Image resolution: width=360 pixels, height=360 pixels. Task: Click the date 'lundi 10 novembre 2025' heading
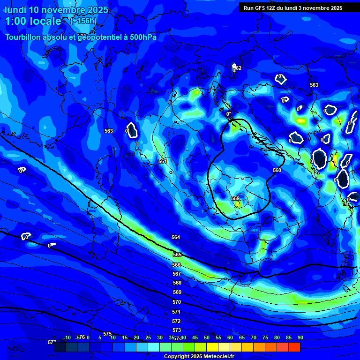click(x=56, y=10)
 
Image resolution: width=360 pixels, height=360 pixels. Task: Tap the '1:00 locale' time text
click(x=33, y=21)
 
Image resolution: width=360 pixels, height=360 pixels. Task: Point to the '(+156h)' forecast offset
click(x=83, y=21)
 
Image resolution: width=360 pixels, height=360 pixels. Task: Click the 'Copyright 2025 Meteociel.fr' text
click(x=199, y=356)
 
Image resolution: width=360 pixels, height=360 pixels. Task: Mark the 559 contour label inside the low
click(x=235, y=198)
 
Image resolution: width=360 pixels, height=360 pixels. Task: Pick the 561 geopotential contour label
click(x=162, y=161)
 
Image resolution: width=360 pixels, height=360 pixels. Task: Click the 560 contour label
click(x=277, y=170)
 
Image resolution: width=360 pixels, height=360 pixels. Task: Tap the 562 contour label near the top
click(x=238, y=68)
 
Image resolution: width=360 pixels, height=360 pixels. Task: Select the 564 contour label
click(x=176, y=237)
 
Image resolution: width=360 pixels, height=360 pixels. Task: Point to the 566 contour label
click(x=176, y=265)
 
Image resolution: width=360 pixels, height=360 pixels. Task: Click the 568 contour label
click(x=177, y=283)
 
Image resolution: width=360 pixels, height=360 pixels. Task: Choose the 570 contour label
click(x=177, y=302)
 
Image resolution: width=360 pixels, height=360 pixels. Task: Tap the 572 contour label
click(x=176, y=321)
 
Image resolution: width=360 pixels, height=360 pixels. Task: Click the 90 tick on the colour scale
click(x=300, y=337)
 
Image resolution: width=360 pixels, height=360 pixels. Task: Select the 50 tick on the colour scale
click(x=206, y=337)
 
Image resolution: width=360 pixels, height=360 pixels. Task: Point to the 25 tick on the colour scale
click(x=148, y=337)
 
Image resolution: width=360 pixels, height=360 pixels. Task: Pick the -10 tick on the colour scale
click(x=67, y=337)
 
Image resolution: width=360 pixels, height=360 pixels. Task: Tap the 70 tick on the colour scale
click(x=253, y=337)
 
